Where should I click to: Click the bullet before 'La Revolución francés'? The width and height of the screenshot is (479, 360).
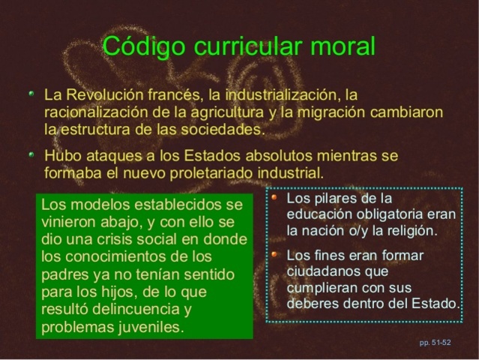coord(31,96)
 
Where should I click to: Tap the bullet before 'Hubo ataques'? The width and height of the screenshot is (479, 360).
coord(31,155)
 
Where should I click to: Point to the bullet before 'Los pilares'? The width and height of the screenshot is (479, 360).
coord(275,199)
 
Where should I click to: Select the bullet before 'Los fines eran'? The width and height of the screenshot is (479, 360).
coord(275,255)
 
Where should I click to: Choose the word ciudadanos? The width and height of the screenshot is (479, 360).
coord(325,271)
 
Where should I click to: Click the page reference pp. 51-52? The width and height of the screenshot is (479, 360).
coord(435,343)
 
